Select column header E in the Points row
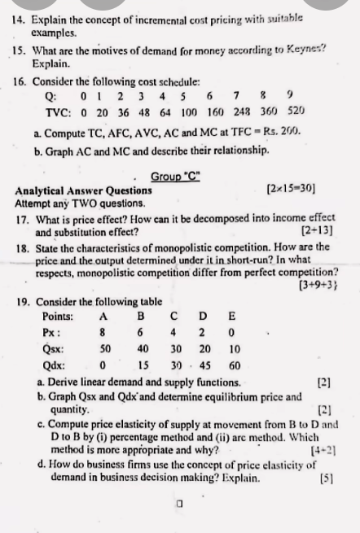[235, 316]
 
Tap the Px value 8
[103, 333]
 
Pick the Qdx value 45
[204, 365]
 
